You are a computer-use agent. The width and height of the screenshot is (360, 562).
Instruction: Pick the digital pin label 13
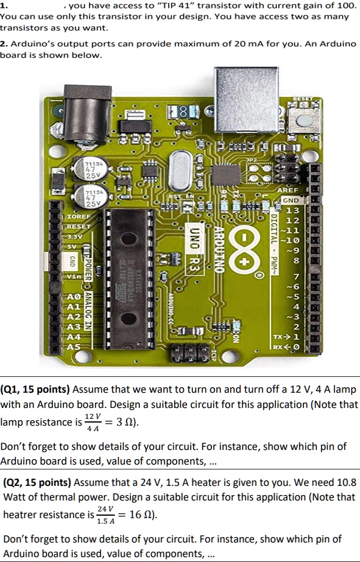click(292, 211)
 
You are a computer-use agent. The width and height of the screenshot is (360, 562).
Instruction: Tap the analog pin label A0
click(72, 297)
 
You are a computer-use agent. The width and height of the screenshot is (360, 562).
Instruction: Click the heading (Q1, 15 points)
click(36, 389)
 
